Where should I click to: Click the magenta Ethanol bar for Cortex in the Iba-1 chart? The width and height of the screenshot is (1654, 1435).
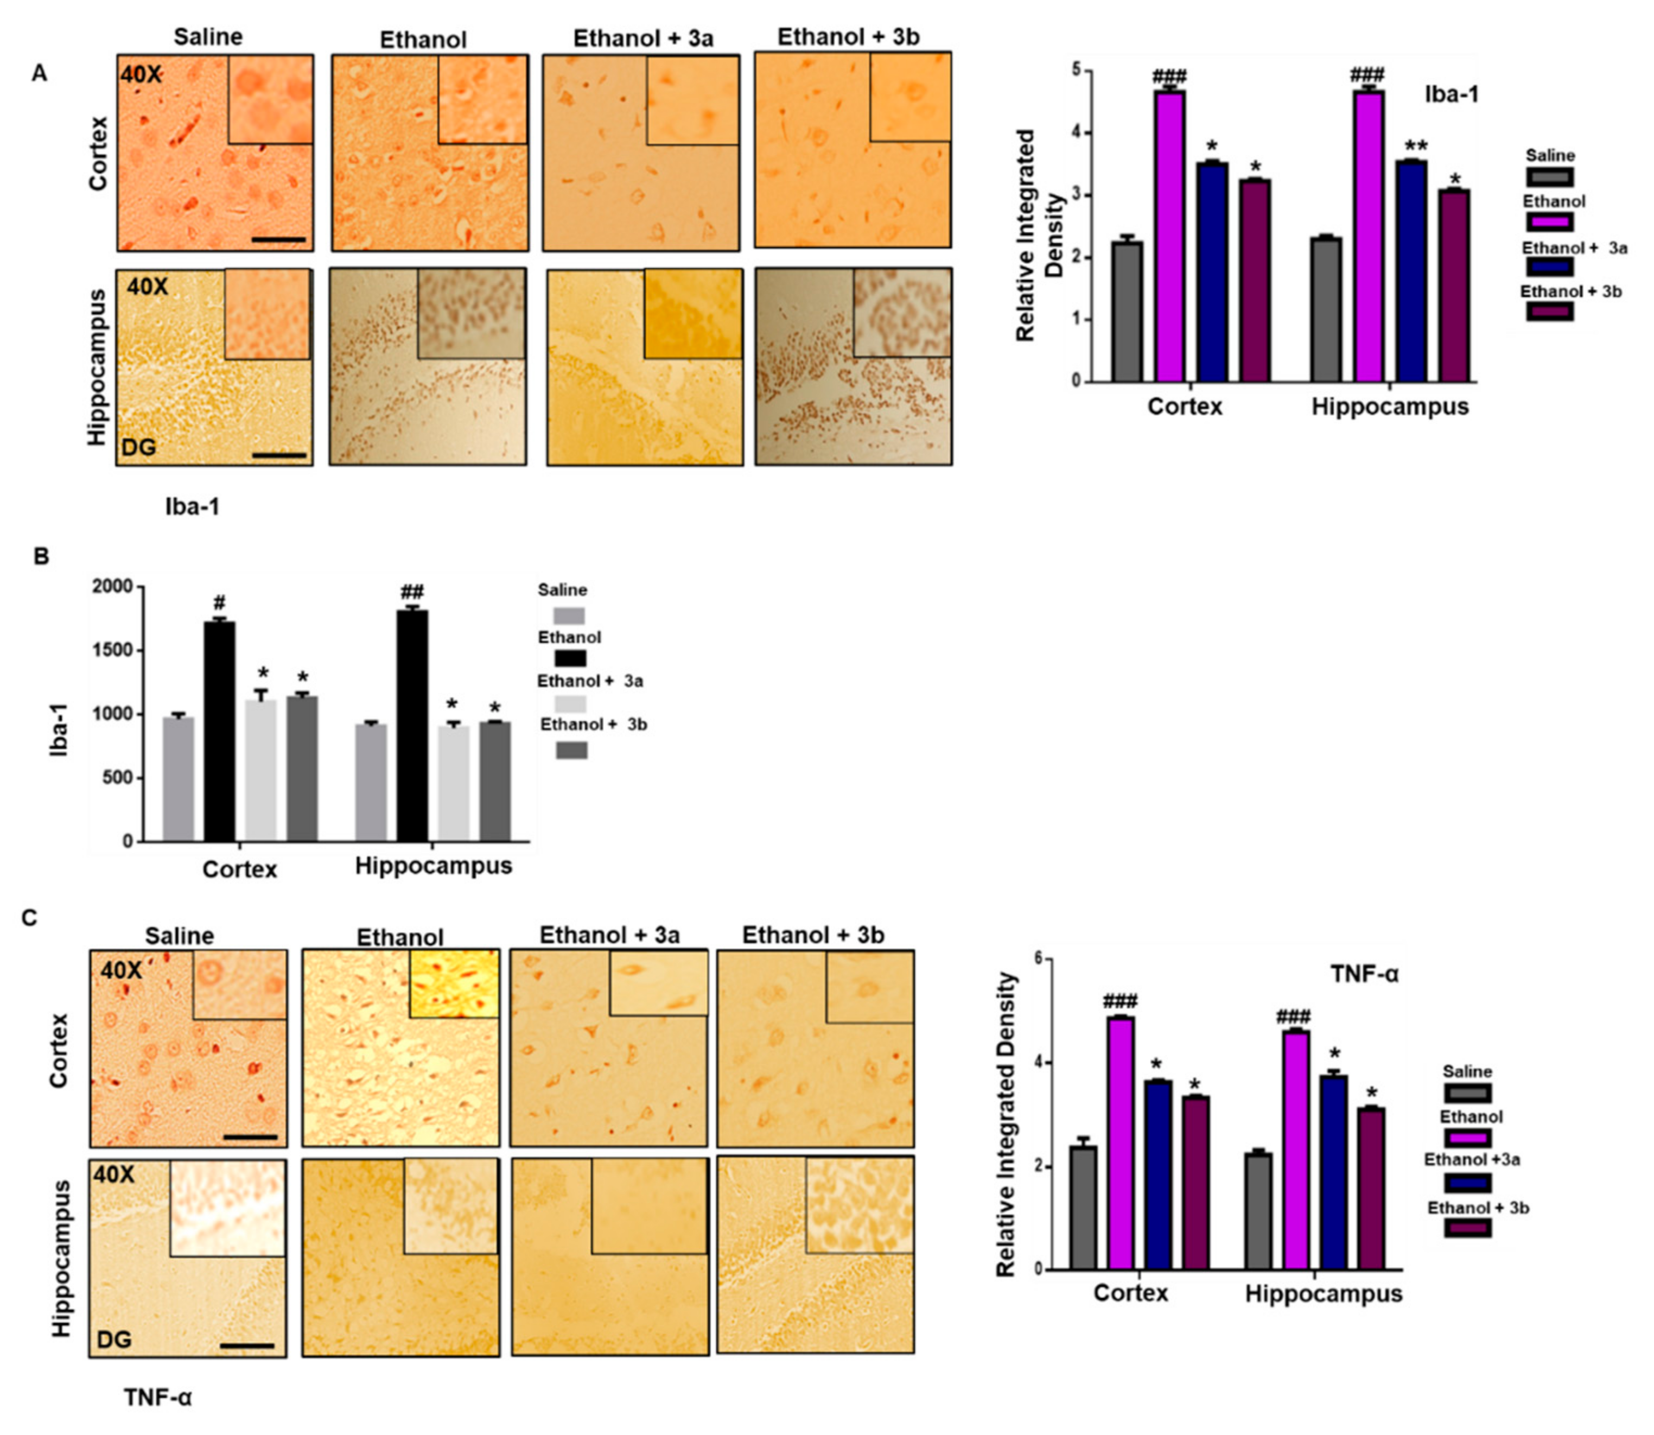[1169, 240]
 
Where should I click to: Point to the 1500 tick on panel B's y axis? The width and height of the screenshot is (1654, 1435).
[112, 650]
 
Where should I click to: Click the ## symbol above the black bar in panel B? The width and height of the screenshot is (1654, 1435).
[412, 593]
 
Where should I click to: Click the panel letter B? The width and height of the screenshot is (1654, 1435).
[41, 556]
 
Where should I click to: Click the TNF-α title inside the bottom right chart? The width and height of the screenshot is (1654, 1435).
[1364, 975]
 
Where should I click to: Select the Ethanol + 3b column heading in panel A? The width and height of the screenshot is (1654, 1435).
[849, 37]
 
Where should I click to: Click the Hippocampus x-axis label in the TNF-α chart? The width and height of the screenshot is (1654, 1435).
[1324, 1294]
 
